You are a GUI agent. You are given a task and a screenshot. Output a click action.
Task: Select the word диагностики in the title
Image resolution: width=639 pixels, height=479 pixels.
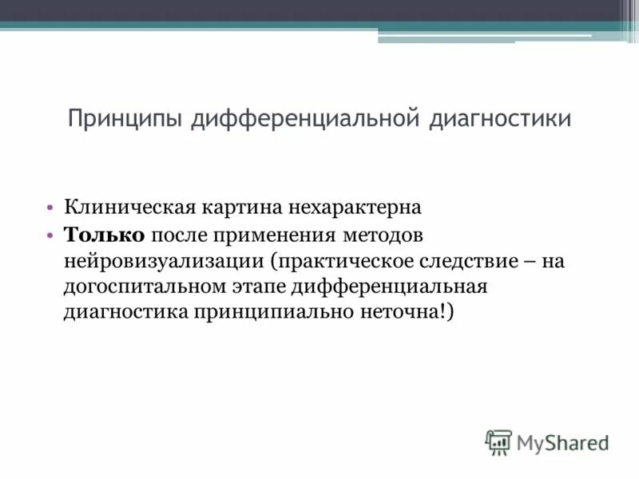(x=501, y=120)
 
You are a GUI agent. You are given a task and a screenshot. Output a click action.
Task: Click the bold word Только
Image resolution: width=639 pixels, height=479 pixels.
(x=104, y=235)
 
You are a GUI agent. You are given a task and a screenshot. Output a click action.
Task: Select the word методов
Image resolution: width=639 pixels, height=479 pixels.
(x=383, y=235)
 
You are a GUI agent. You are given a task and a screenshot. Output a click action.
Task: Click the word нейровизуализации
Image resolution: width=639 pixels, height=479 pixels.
(x=165, y=260)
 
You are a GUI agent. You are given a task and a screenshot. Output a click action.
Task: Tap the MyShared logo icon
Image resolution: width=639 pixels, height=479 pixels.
(x=498, y=441)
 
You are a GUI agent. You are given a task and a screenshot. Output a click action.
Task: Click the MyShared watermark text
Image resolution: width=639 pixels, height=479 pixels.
(x=563, y=441)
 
